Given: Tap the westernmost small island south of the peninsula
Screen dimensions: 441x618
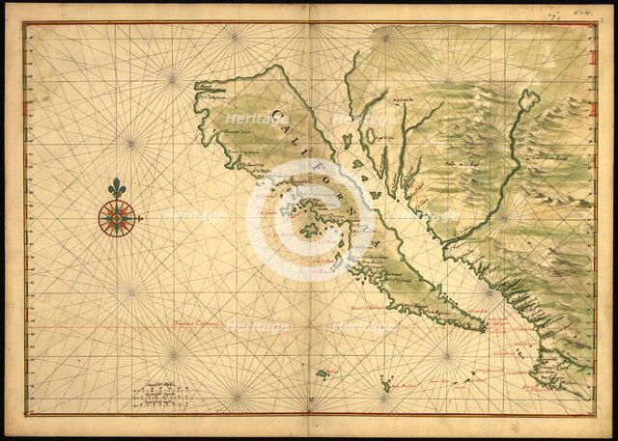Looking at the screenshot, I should (322, 373).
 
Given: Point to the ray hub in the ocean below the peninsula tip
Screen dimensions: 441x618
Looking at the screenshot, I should (446, 355).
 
